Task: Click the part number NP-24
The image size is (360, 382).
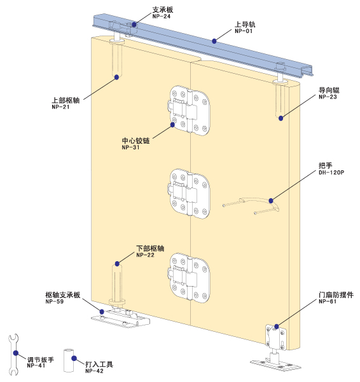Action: point(162,17)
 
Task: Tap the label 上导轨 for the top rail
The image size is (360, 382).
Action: point(245,24)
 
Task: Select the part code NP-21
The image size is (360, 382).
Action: point(60,107)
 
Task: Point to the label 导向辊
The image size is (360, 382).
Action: point(329,90)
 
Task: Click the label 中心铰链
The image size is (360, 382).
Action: point(135,140)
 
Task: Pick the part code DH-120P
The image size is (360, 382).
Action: point(331,172)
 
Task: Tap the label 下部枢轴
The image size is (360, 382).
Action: point(150,249)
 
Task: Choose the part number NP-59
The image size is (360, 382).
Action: point(54,302)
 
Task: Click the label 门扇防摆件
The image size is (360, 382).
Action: point(336,295)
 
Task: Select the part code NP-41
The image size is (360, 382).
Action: point(36,365)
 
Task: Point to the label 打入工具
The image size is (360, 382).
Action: point(99,364)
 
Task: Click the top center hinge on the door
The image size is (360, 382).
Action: point(189,111)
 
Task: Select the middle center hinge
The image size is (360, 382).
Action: point(189,193)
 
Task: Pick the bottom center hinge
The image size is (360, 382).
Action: point(189,278)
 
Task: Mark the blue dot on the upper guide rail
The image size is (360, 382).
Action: point(214,41)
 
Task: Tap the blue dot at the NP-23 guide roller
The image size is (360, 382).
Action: point(280,118)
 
